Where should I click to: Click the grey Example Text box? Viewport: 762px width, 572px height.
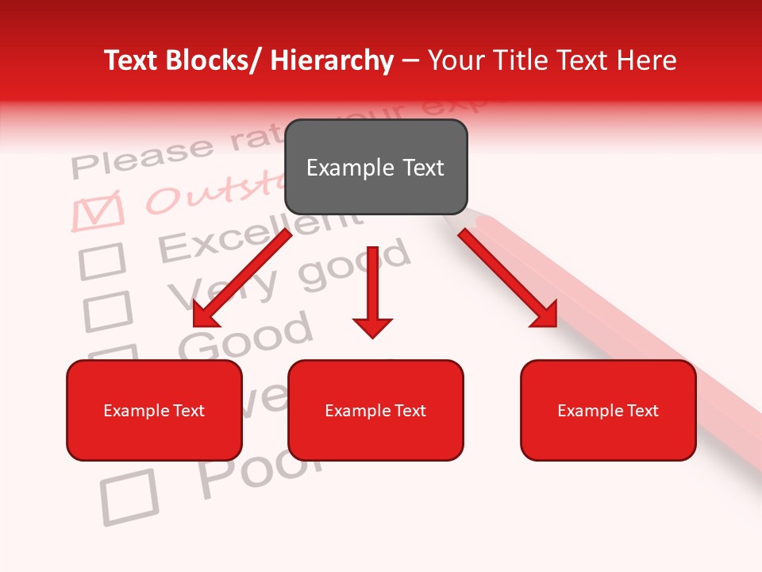(x=375, y=167)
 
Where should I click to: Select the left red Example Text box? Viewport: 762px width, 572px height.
(x=154, y=410)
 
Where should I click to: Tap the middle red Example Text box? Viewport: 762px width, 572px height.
(x=375, y=410)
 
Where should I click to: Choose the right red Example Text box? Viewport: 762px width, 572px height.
(x=608, y=410)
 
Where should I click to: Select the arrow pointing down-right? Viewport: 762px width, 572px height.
(x=508, y=278)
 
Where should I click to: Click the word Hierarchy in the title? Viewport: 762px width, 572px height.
(x=332, y=60)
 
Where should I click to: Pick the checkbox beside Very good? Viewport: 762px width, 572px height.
(x=107, y=311)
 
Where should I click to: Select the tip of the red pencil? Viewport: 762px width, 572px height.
(x=465, y=216)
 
